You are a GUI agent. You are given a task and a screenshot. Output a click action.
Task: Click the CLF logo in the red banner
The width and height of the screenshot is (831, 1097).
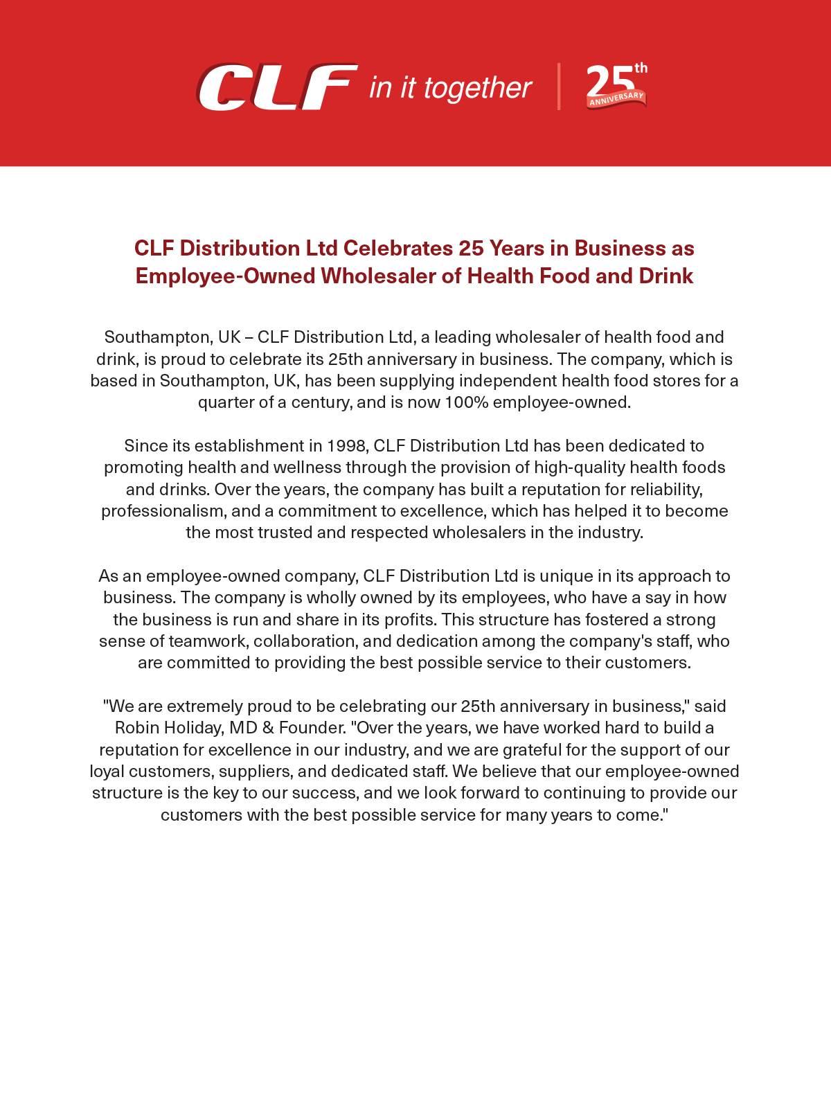(277, 87)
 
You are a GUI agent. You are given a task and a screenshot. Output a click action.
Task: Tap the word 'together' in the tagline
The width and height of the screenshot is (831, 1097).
(478, 89)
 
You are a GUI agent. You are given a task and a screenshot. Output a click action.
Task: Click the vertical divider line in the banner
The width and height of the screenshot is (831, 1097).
(559, 87)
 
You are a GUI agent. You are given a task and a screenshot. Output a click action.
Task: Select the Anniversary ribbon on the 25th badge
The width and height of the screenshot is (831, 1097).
(616, 100)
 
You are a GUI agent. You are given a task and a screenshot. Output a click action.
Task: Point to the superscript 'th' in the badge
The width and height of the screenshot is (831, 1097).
(641, 68)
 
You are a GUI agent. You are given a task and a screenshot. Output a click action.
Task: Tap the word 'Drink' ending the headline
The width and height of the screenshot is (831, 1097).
(666, 276)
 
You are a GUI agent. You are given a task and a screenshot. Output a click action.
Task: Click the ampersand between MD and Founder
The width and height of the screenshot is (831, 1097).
(268, 728)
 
